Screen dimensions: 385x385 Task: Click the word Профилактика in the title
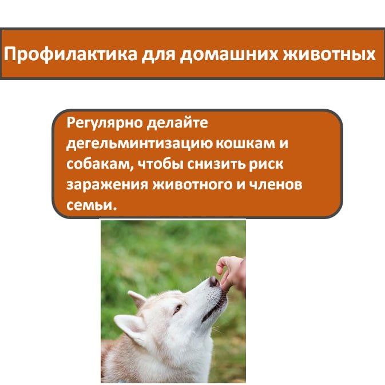70,54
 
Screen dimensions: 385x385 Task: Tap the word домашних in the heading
229,54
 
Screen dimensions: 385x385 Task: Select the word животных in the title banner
330,54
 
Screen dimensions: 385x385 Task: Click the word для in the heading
158,54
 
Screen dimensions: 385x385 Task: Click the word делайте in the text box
177,122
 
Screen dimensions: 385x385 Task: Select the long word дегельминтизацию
139,144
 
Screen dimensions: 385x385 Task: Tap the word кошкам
245,143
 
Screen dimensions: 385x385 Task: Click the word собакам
100,164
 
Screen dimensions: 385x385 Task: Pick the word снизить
216,164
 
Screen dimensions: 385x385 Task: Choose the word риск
266,165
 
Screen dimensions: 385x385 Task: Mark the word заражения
107,185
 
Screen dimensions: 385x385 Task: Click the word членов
276,184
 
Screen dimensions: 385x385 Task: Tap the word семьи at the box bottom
91,205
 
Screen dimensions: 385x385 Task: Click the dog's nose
213,281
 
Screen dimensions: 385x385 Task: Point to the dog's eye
177,308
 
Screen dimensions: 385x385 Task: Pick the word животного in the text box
193,185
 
